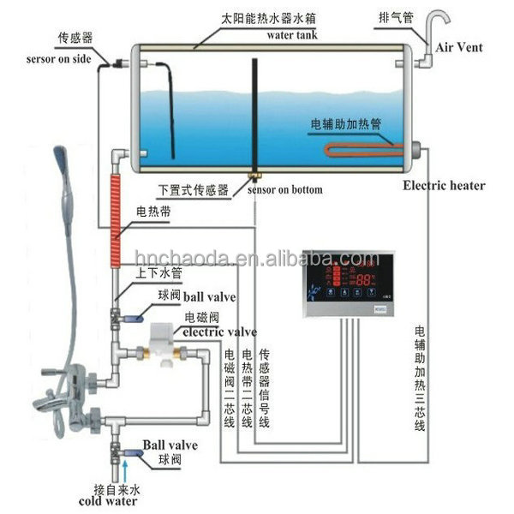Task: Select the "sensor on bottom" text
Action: click(x=284, y=189)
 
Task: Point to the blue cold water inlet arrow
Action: click(x=126, y=467)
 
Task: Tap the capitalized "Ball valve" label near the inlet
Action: click(x=170, y=445)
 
